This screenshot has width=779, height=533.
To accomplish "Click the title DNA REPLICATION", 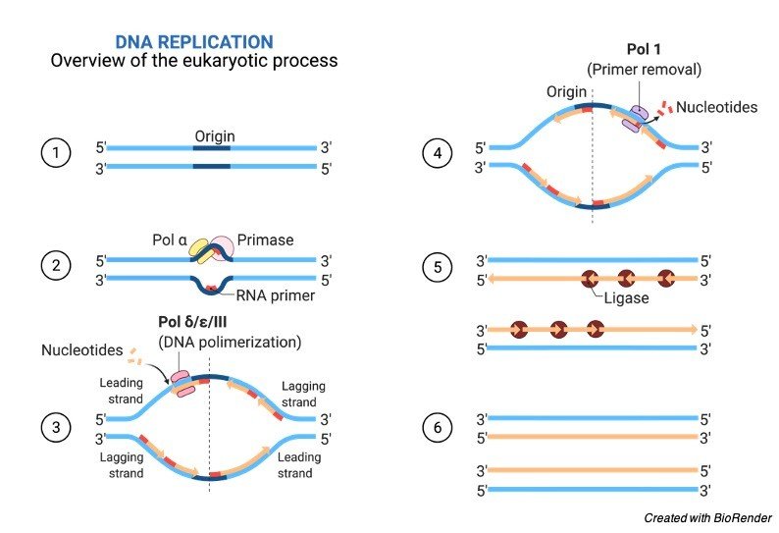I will point(194,41).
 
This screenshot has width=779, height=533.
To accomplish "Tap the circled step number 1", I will point(56,155).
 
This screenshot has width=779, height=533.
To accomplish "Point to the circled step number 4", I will point(436,155).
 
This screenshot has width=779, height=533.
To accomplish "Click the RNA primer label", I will point(276,295).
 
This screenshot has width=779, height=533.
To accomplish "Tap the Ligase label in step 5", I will point(626,296).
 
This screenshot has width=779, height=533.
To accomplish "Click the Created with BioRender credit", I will point(707,517).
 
